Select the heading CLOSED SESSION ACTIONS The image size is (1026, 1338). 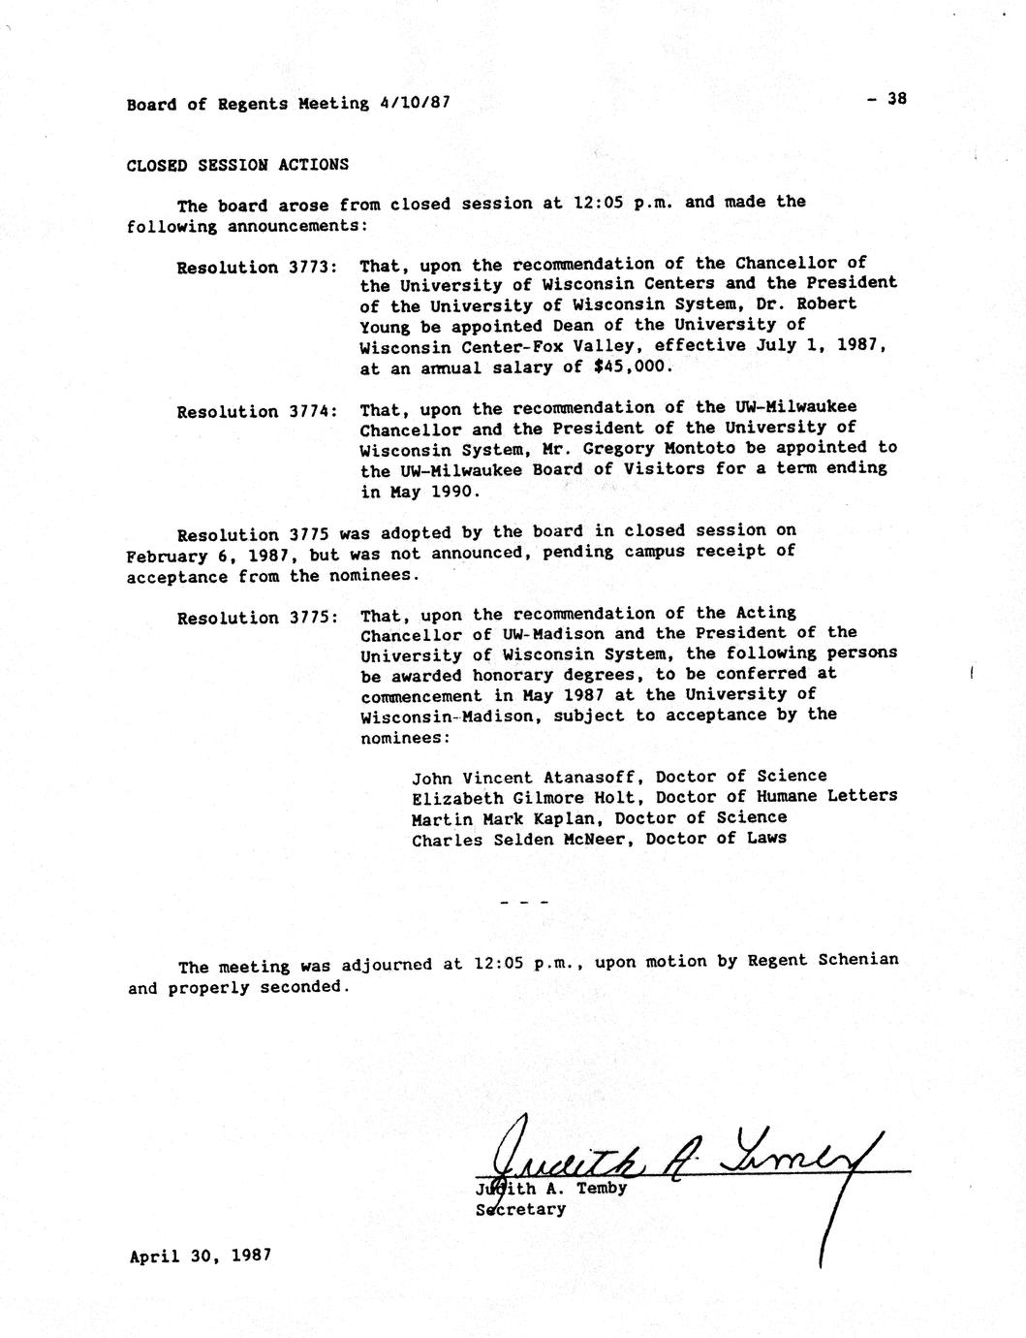tap(237, 165)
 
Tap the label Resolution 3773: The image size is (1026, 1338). tap(257, 268)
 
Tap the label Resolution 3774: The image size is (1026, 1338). tap(257, 412)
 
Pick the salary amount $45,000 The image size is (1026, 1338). tap(632, 366)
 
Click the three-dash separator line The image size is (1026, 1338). tap(523, 903)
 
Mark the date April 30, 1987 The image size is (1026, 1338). tap(201, 1256)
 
